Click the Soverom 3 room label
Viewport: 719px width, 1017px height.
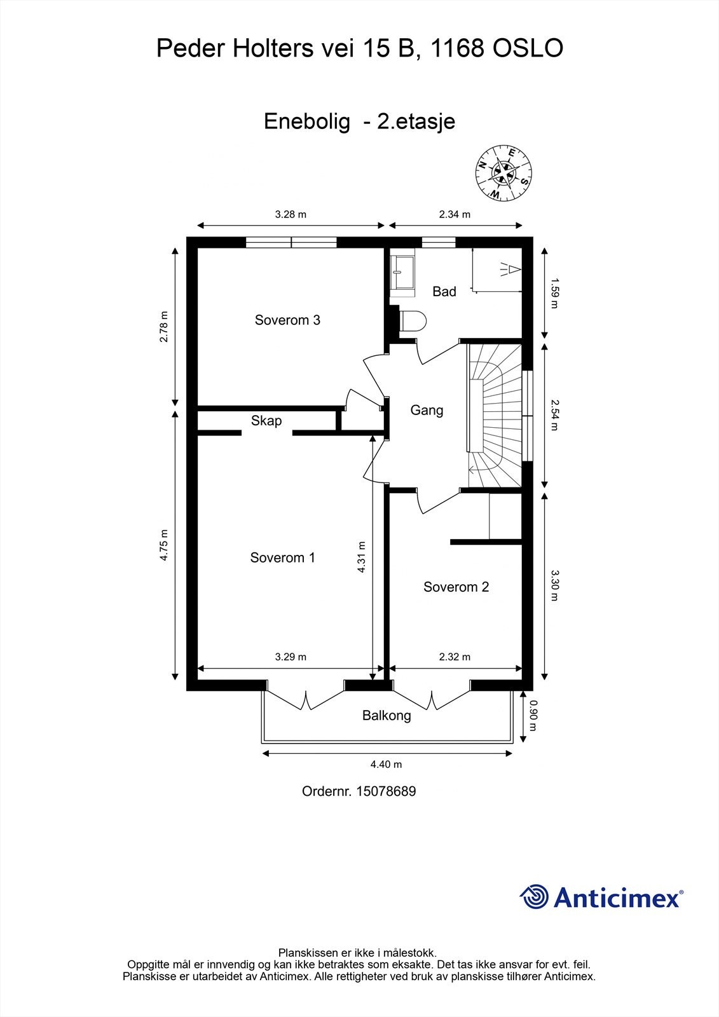tap(287, 320)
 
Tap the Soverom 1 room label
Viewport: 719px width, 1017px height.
tap(282, 557)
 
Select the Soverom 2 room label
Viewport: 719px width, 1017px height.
tap(456, 587)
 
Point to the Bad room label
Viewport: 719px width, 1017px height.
tap(444, 292)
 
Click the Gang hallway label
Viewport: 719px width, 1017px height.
tap(427, 411)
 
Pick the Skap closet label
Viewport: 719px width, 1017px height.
tap(266, 421)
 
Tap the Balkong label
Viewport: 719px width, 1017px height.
tap(387, 716)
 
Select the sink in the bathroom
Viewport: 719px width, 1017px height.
tap(402, 273)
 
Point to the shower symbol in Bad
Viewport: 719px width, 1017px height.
tap(510, 270)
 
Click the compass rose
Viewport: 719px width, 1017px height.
tap(503, 172)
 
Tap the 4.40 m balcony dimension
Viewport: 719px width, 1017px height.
tap(386, 765)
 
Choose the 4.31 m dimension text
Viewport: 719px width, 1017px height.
tap(361, 557)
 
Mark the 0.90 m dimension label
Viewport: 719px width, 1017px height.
tap(533, 716)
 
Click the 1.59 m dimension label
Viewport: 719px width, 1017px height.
tap(554, 294)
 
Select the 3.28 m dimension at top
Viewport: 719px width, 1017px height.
tap(291, 214)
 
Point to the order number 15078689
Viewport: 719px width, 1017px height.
tap(386, 791)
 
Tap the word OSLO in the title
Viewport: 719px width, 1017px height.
tap(528, 48)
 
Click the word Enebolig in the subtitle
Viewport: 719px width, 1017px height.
tap(308, 121)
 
